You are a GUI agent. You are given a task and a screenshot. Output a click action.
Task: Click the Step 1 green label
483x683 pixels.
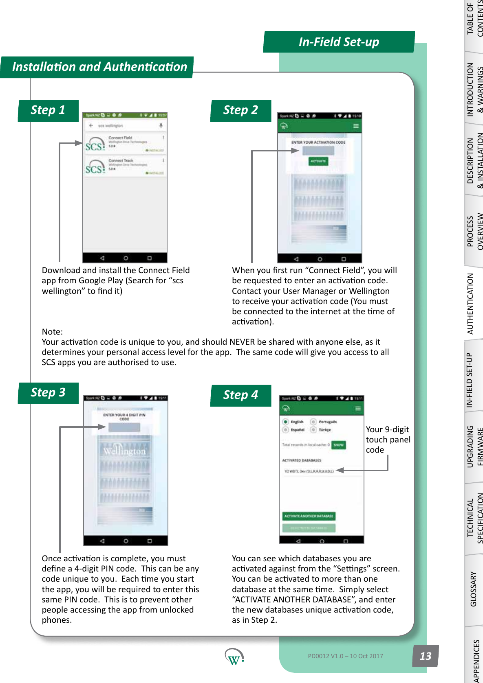point(48,110)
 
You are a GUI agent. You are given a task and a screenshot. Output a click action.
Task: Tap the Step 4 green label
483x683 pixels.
point(240,395)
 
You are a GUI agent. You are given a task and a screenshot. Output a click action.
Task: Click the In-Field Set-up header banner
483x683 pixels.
point(339,42)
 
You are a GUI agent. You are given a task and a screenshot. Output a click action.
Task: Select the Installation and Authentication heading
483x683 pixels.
point(99,67)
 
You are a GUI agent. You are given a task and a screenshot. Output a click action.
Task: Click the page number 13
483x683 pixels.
point(425,656)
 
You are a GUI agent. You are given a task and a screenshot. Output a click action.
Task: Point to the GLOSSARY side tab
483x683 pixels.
point(474,589)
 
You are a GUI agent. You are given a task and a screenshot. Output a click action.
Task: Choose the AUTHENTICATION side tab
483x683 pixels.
point(470,303)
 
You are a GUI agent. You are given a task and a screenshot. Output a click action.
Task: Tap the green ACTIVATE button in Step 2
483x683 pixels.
point(318,161)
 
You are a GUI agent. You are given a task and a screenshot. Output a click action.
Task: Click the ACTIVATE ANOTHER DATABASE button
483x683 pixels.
point(309,516)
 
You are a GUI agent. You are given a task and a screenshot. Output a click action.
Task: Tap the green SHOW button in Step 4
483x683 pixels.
point(339,445)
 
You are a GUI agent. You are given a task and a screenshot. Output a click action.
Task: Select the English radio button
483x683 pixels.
point(286,422)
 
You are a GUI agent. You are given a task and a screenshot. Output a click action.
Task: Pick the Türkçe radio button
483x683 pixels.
point(313,430)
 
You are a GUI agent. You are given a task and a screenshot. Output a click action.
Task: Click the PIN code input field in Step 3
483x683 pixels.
point(124,427)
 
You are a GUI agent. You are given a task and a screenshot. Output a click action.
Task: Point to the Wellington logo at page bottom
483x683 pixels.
point(234,657)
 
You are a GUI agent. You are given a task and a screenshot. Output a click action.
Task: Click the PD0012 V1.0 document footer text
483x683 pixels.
point(345,656)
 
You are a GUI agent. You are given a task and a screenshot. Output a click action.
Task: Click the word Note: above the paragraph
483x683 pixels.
point(52,332)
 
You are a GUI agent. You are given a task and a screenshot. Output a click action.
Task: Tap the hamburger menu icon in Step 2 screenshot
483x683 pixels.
point(356,126)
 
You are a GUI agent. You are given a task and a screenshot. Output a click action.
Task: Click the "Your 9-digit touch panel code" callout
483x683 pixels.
point(387,440)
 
